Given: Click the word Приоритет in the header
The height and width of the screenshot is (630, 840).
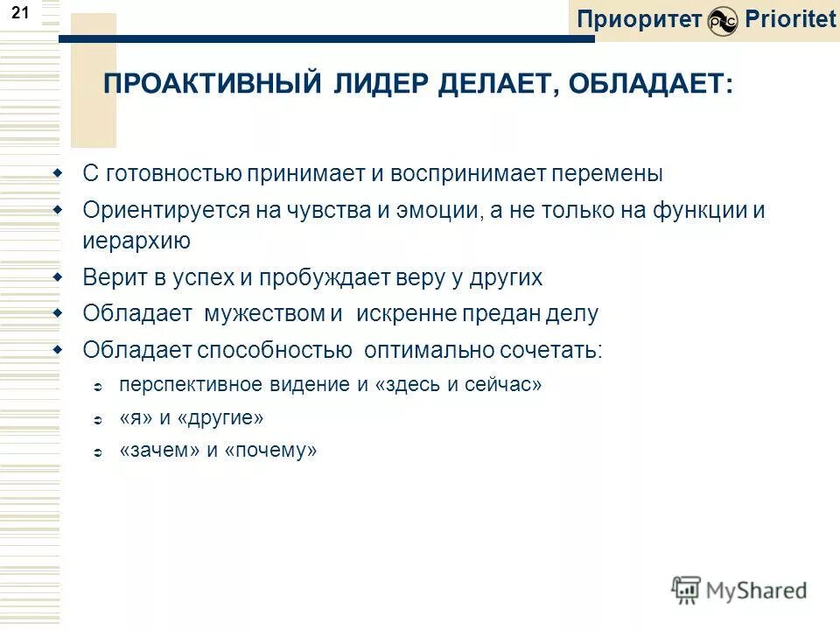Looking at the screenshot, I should (640, 19).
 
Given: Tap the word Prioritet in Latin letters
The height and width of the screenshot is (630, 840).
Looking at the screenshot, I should (790, 19).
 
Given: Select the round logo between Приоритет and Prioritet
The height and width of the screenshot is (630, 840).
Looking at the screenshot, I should (723, 21).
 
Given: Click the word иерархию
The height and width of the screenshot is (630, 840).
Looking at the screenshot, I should (136, 241).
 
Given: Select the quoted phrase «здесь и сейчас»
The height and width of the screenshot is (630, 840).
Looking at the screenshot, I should (458, 385).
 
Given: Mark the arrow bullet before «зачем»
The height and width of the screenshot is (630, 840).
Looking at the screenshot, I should (98, 453).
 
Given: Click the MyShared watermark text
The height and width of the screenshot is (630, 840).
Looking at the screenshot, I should (754, 591).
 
